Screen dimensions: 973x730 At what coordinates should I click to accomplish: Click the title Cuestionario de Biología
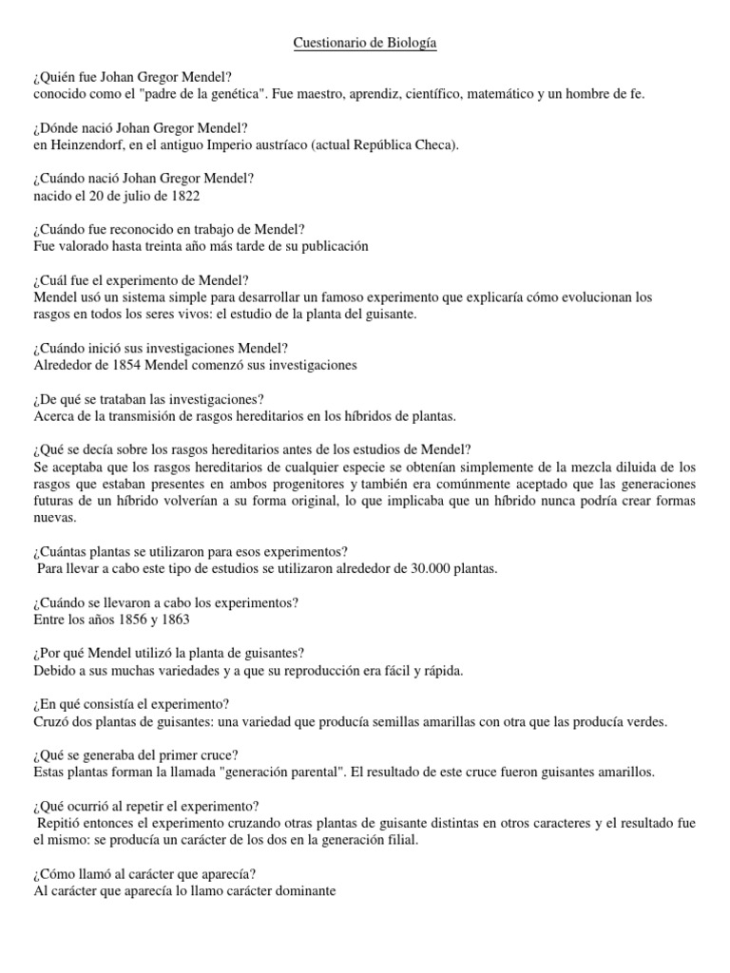(365, 44)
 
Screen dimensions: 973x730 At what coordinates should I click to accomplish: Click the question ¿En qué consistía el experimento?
(130, 704)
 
